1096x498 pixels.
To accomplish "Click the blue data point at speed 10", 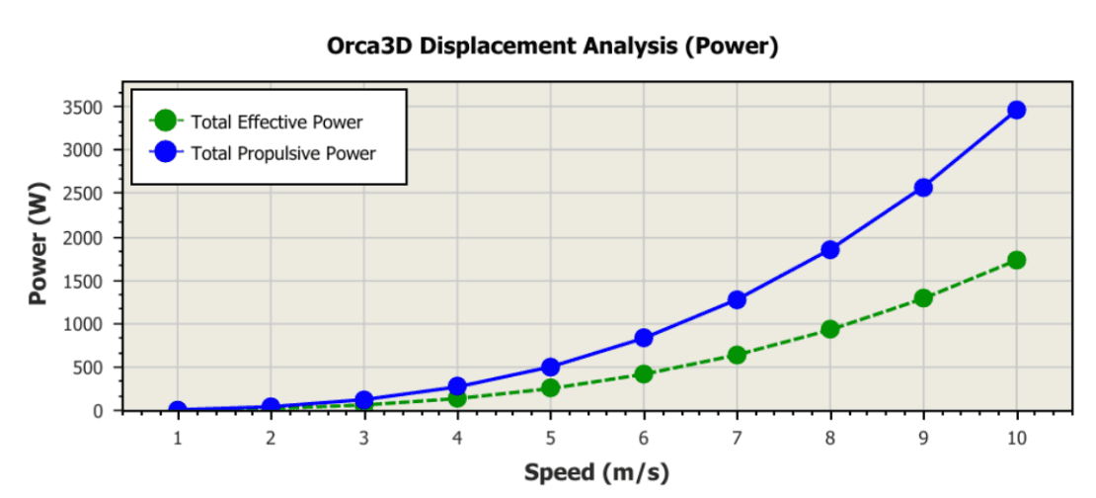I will click(1016, 110).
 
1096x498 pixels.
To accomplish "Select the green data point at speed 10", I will click(1016, 260).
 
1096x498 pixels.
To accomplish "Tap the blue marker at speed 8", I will click(829, 250).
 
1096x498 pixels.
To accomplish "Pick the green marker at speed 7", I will click(737, 355).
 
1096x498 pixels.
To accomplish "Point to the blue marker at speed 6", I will click(644, 338).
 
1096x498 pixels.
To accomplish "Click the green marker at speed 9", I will click(923, 297).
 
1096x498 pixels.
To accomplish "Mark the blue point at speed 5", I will click(551, 368).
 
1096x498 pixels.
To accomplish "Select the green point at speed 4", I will click(457, 397).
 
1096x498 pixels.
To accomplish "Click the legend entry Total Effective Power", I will click(276, 123).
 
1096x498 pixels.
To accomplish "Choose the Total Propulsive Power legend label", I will click(283, 153).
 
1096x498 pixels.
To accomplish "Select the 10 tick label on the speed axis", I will click(1016, 436).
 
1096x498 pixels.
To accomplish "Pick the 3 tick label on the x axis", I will click(364, 436).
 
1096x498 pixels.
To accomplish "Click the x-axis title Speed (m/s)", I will click(596, 472).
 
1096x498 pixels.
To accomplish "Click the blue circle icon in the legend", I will click(166, 152).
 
